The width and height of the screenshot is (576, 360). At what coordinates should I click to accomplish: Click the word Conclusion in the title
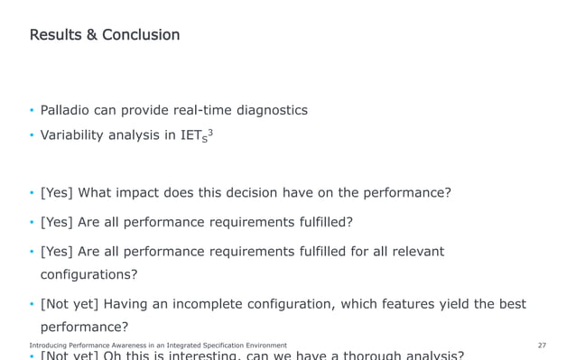tap(141, 35)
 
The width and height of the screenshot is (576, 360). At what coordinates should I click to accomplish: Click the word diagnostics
tap(271, 110)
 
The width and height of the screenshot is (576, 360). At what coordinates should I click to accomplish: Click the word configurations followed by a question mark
tap(88, 274)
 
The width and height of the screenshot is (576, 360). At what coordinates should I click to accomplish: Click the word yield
tap(439, 304)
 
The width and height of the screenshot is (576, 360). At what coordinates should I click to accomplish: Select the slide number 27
tap(542, 346)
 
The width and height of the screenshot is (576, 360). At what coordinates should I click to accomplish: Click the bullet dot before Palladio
tap(32, 111)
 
